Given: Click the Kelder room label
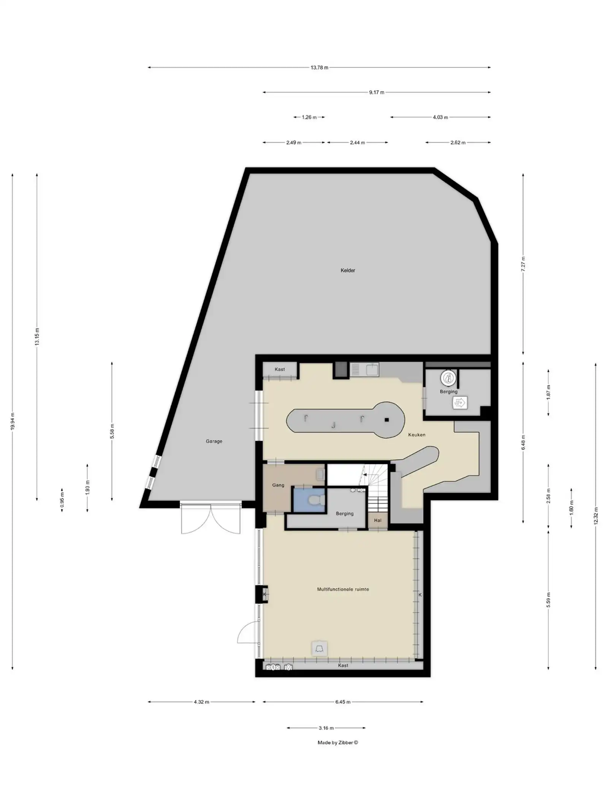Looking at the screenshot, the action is [348, 270].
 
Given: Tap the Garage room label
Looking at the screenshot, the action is [214, 441].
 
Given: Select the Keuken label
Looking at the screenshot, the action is [416, 435].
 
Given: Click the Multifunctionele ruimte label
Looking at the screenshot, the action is [343, 589].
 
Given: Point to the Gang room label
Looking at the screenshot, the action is [278, 485].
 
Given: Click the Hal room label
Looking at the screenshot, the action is [377, 520].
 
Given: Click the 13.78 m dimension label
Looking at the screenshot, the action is [319, 68].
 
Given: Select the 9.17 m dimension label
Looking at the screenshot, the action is [377, 92].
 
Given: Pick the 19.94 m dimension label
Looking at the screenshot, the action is [13, 421].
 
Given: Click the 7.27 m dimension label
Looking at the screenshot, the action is [523, 263].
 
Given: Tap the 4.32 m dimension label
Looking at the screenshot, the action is [201, 702].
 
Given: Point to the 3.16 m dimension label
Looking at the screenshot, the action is [326, 728].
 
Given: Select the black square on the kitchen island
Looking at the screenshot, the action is [386, 420].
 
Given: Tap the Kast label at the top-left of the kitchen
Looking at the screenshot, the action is [280, 369].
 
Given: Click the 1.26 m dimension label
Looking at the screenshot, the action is [309, 117].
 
